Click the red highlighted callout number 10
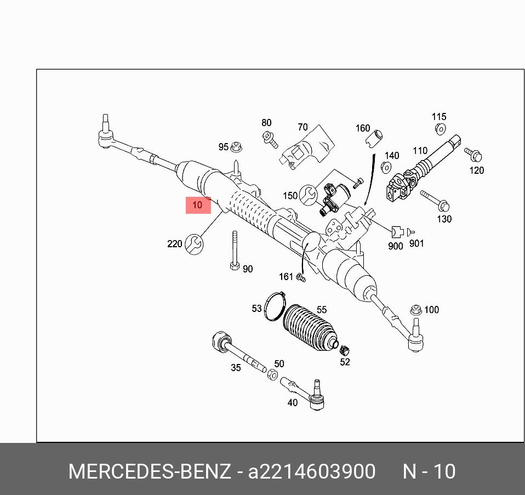(x=198, y=205)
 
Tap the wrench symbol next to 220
(x=193, y=243)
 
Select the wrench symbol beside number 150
(x=309, y=195)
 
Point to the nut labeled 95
(x=237, y=147)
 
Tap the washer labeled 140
(x=385, y=168)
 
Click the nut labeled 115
(x=439, y=129)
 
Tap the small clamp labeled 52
(x=345, y=349)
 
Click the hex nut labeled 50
(x=272, y=374)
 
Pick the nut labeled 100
(x=416, y=310)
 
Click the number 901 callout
(x=416, y=243)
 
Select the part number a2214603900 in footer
(x=312, y=472)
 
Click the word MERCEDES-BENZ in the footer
(x=149, y=472)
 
